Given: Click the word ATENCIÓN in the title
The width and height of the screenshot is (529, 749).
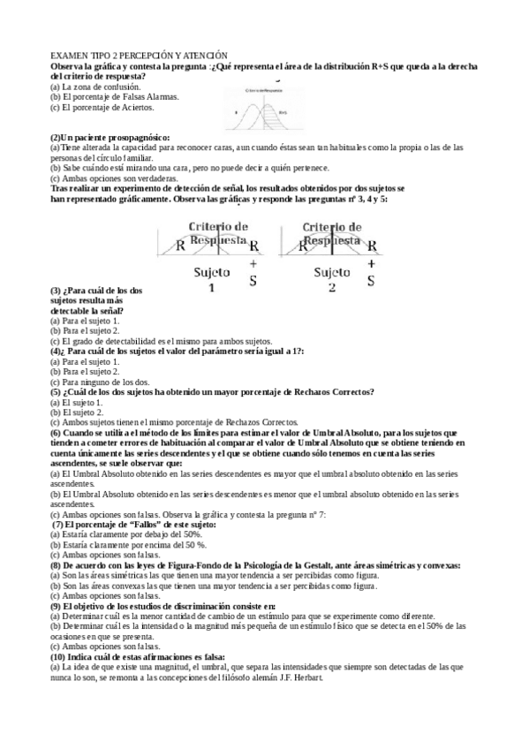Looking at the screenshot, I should (205, 56).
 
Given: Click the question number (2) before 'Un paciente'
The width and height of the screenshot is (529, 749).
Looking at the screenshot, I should (55, 138).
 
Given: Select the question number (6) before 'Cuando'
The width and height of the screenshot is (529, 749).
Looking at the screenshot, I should (55, 433).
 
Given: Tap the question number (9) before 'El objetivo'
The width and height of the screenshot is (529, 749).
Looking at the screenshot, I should (55, 606).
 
